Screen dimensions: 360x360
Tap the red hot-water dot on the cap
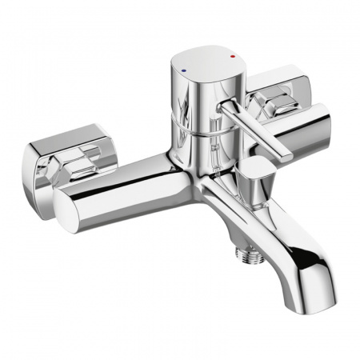233,58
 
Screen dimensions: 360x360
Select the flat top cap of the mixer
206,63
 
